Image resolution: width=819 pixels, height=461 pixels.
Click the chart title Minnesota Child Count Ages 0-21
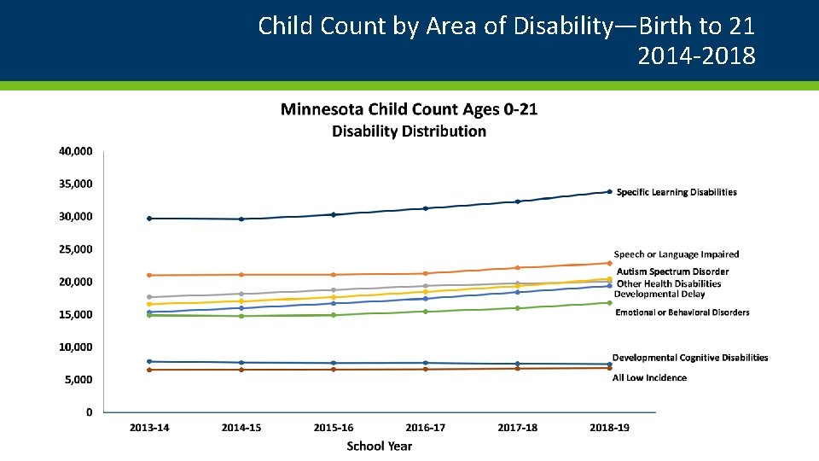point(409,109)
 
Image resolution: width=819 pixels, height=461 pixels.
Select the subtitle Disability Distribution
point(409,131)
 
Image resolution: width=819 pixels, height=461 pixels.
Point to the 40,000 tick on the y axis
point(76,152)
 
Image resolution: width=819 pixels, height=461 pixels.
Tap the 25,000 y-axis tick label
point(76,250)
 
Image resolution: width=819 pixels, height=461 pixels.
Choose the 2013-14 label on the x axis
point(149,428)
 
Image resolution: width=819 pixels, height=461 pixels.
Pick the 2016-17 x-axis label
point(425,428)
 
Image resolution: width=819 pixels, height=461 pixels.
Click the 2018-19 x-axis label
point(609,428)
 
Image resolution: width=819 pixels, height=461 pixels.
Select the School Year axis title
point(379,446)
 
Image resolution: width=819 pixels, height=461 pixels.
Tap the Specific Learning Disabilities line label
point(677,193)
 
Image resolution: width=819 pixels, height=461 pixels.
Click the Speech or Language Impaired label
point(677,254)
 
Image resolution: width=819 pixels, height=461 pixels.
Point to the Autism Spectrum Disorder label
point(673,272)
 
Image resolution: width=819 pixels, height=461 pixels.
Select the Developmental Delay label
point(659,295)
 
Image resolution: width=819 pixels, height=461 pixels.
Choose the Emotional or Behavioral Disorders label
point(682,313)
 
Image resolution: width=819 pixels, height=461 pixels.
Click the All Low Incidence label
point(649,378)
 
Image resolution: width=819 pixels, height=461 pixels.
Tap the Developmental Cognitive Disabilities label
point(690,359)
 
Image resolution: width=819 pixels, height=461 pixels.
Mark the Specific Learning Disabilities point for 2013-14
point(149,219)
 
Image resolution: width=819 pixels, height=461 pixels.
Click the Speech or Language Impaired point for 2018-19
point(609,263)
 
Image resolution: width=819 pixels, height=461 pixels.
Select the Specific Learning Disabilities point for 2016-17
point(425,208)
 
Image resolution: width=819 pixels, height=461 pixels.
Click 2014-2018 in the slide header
point(696,56)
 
